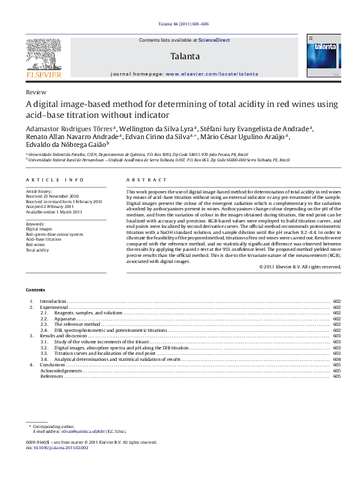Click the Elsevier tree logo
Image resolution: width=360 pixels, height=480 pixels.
(x=44, y=55)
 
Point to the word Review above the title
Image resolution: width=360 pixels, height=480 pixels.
(x=36, y=92)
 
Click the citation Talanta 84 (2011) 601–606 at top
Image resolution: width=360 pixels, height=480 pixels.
(x=180, y=25)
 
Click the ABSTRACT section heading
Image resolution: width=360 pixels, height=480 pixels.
(x=146, y=181)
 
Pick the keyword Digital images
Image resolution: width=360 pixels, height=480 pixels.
(x=39, y=230)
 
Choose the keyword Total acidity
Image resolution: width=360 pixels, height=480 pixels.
(x=38, y=250)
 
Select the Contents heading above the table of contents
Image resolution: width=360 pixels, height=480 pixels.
(x=35, y=289)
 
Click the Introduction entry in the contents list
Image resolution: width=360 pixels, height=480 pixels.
(x=53, y=301)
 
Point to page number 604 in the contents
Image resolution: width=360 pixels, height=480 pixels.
(x=336, y=359)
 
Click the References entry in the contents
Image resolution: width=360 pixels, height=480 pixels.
(x=52, y=376)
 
